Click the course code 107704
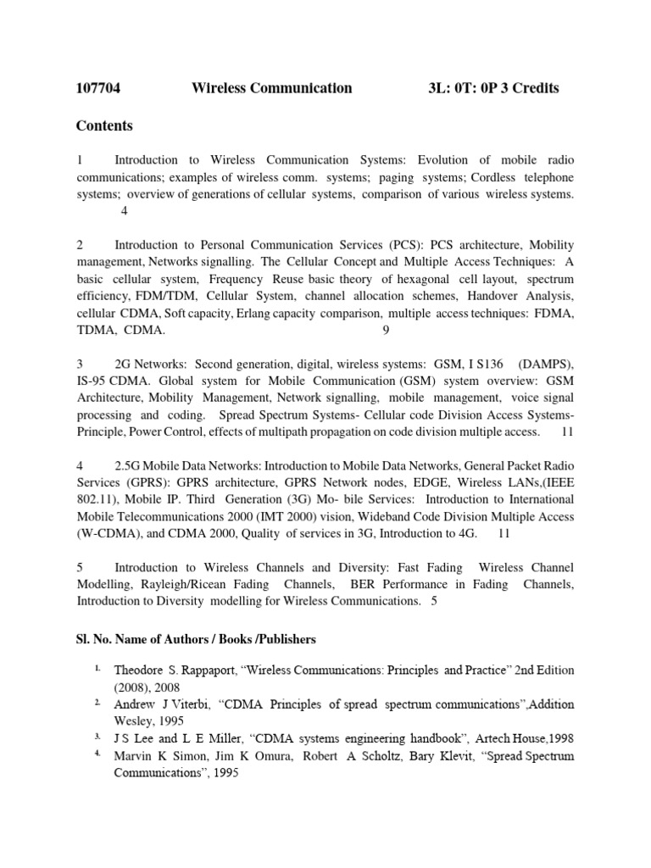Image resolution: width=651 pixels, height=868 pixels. pyautogui.click(x=99, y=88)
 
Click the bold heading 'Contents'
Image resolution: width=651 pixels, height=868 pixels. pyautogui.click(x=104, y=126)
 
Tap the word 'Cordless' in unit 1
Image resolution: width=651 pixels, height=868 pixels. pyautogui.click(x=496, y=177)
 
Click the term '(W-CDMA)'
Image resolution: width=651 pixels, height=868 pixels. pyautogui.click(x=105, y=533)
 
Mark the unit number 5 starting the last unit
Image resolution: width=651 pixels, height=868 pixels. pyautogui.click(x=80, y=567)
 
